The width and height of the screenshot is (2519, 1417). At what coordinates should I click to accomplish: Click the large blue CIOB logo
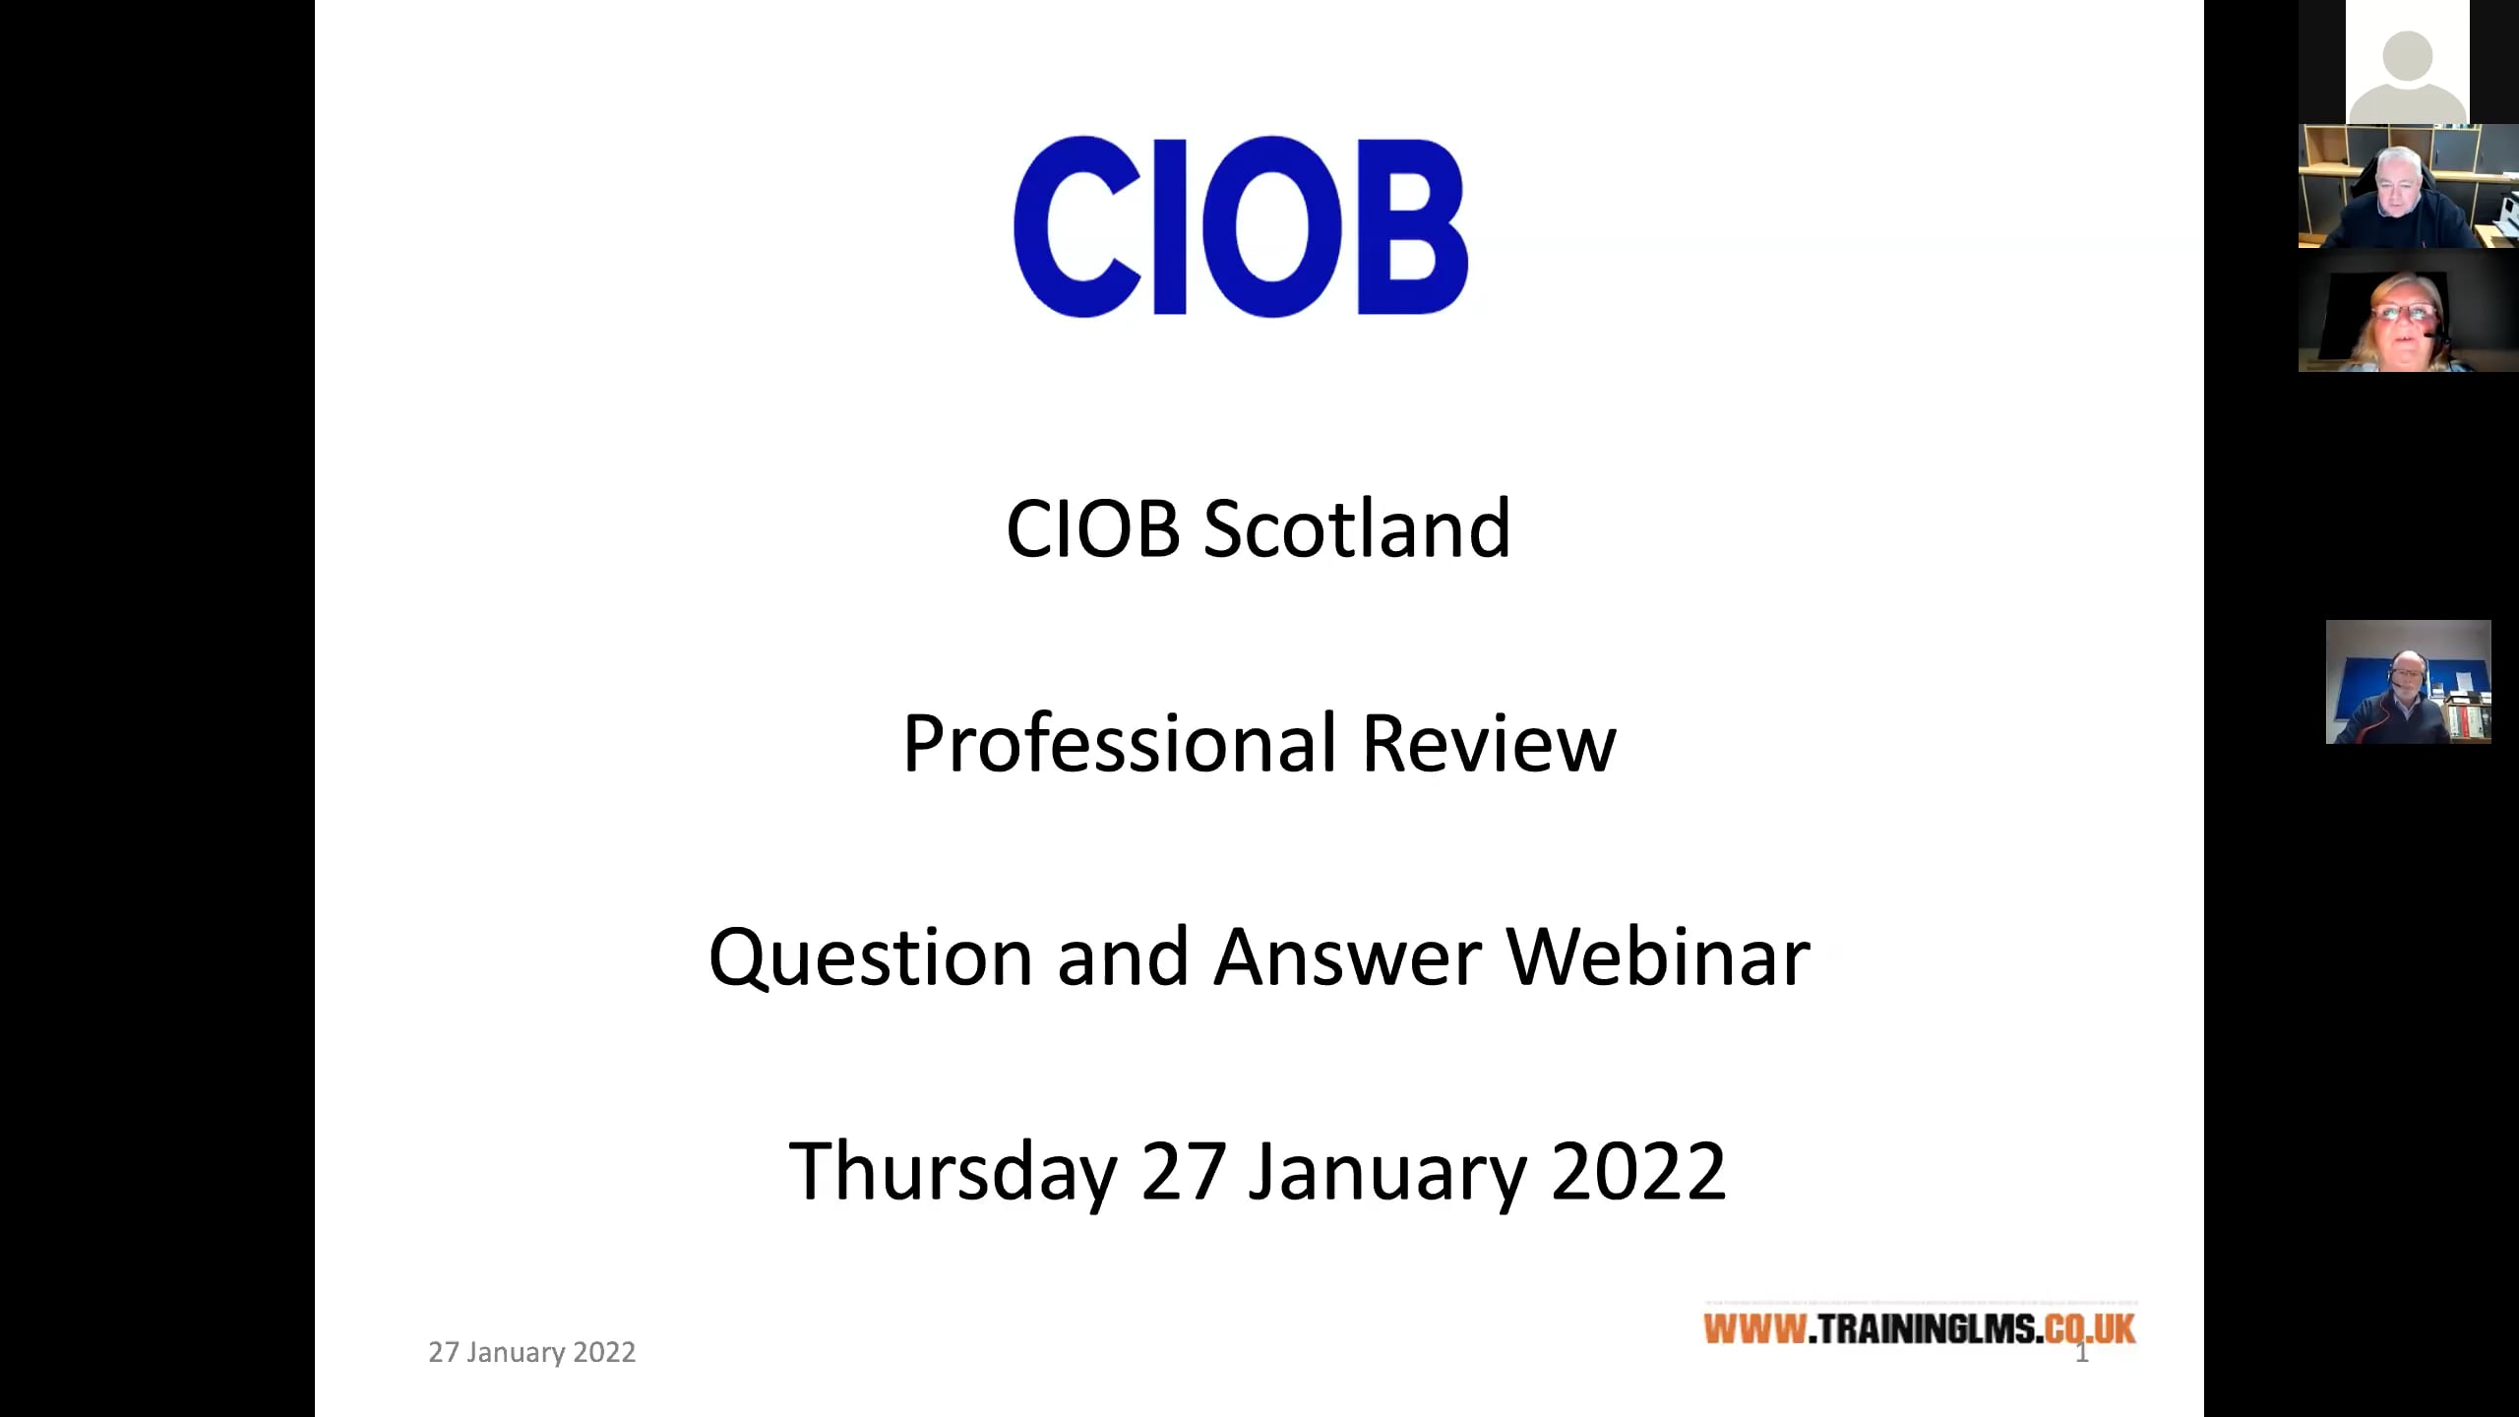(1241, 226)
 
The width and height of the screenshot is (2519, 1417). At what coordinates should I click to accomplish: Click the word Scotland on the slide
(1357, 529)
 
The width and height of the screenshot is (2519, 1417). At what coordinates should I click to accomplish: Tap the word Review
(1489, 744)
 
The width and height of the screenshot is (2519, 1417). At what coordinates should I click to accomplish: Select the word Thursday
(952, 1172)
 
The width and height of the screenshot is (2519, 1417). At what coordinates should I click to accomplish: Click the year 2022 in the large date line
(1638, 1172)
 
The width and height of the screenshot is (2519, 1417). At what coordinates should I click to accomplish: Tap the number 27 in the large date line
(1184, 1172)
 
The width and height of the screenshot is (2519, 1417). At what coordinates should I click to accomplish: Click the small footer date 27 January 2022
(532, 1353)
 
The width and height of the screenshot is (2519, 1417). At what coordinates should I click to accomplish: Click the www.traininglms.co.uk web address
(1919, 1329)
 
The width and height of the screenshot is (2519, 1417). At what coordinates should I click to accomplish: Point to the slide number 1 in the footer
(2082, 1355)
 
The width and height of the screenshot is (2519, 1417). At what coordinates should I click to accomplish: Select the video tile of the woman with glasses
(2407, 311)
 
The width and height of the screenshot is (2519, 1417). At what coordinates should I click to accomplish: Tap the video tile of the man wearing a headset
(2408, 682)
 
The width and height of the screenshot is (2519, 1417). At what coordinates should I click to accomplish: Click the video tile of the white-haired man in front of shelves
(2407, 187)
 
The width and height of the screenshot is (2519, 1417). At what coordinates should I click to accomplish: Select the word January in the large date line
(1387, 1172)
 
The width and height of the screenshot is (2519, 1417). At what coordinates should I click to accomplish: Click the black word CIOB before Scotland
(1092, 529)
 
